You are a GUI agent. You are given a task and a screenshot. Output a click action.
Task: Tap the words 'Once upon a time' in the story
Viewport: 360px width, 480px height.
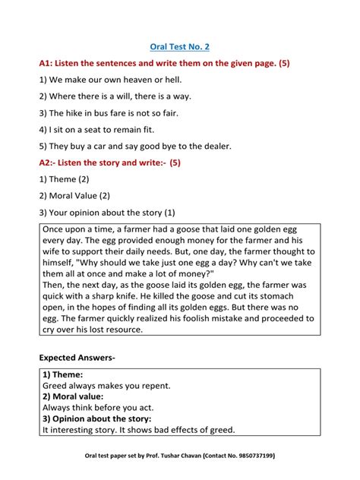tap(79, 230)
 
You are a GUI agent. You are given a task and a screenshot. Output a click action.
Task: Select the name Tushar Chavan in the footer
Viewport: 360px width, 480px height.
tap(172, 456)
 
